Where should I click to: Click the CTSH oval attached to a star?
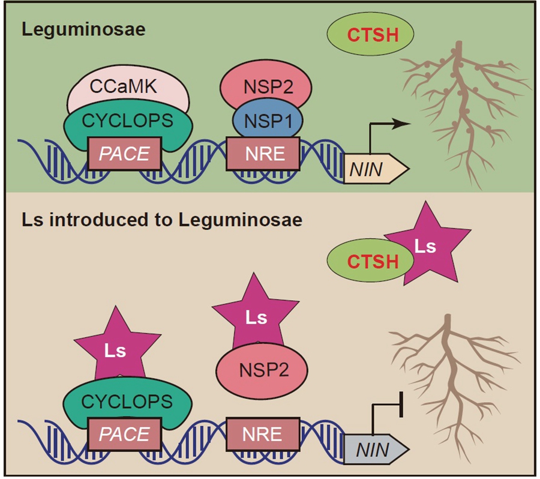pos(364,262)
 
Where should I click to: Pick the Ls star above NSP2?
pos(256,315)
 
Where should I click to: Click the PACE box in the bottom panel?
pos(124,433)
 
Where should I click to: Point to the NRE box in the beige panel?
pos(263,433)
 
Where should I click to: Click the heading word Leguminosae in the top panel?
pos(83,29)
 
